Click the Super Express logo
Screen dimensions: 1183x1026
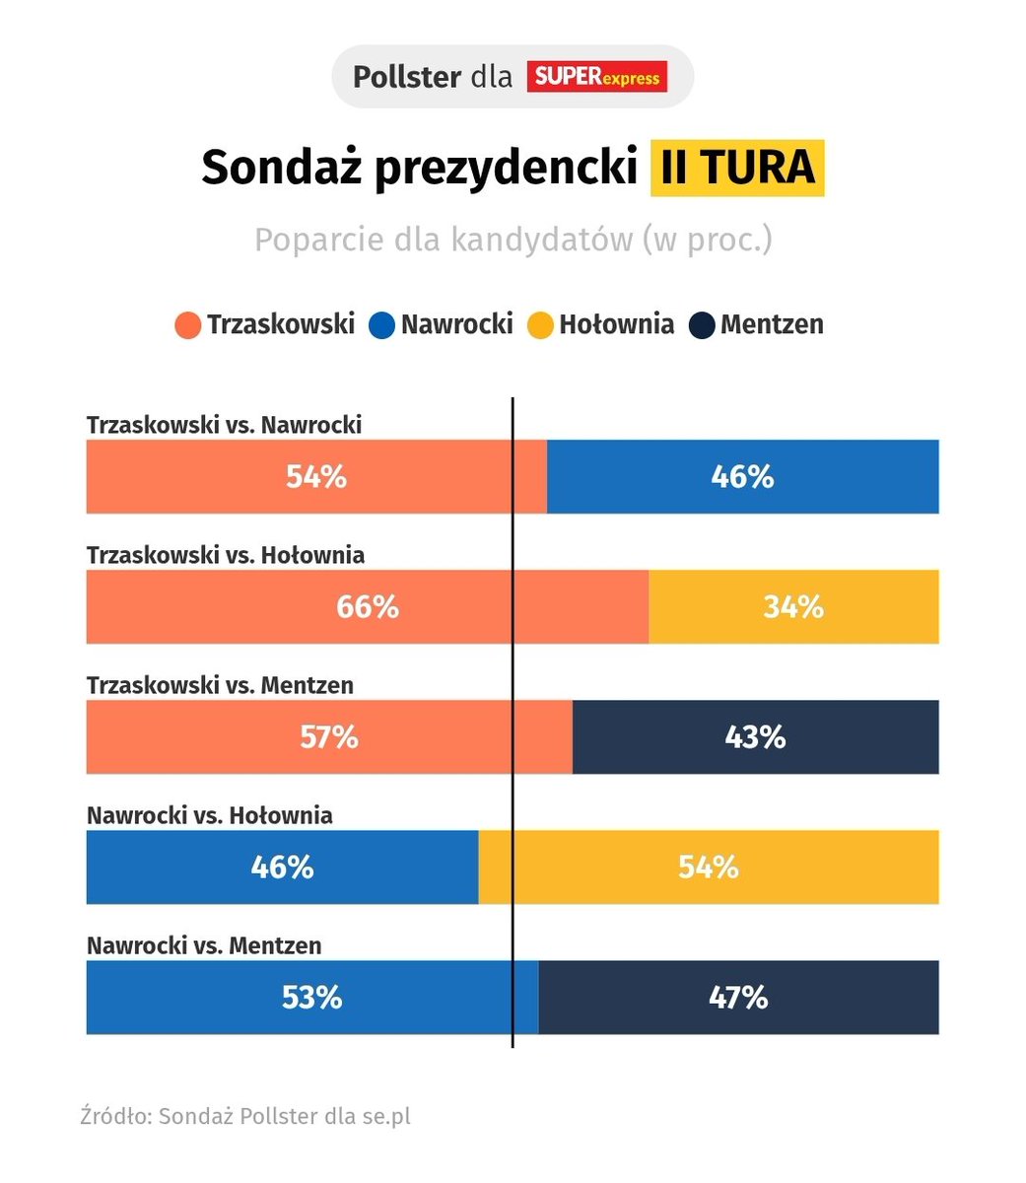596,77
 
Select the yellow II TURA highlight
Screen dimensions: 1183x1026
736,168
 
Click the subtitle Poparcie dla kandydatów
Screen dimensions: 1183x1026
513,240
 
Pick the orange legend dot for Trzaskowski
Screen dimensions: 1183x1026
187,325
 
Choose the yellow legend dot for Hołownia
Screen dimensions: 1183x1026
540,325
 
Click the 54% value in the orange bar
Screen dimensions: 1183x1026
316,477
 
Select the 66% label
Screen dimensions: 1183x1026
368,607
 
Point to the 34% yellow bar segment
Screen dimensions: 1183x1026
793,607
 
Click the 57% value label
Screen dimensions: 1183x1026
329,737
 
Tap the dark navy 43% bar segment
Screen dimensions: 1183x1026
755,737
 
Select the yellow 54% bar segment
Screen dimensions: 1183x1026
708,868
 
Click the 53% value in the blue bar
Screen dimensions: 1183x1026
311,998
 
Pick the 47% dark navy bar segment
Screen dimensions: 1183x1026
738,998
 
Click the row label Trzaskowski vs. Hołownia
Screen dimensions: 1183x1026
226,555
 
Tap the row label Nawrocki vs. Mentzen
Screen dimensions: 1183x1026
204,945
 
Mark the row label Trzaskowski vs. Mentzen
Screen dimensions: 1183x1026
220,685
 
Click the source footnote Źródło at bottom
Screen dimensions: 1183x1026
245,1117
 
